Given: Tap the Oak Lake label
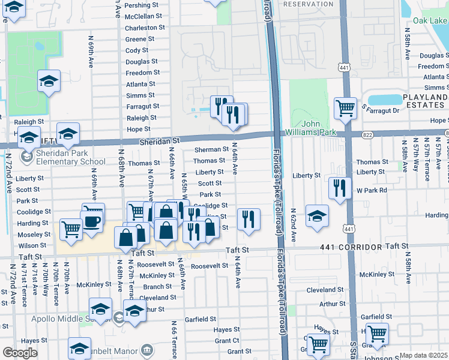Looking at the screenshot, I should (x=430, y=21).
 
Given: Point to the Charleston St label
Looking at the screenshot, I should (x=145, y=28).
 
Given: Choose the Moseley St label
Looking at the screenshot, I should (x=34, y=235).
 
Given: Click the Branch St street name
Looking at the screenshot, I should (x=157, y=287).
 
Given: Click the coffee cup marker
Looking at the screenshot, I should (x=92, y=221).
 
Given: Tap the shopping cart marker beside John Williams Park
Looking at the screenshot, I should (x=345, y=109).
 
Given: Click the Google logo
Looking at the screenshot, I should (x=20, y=353).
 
